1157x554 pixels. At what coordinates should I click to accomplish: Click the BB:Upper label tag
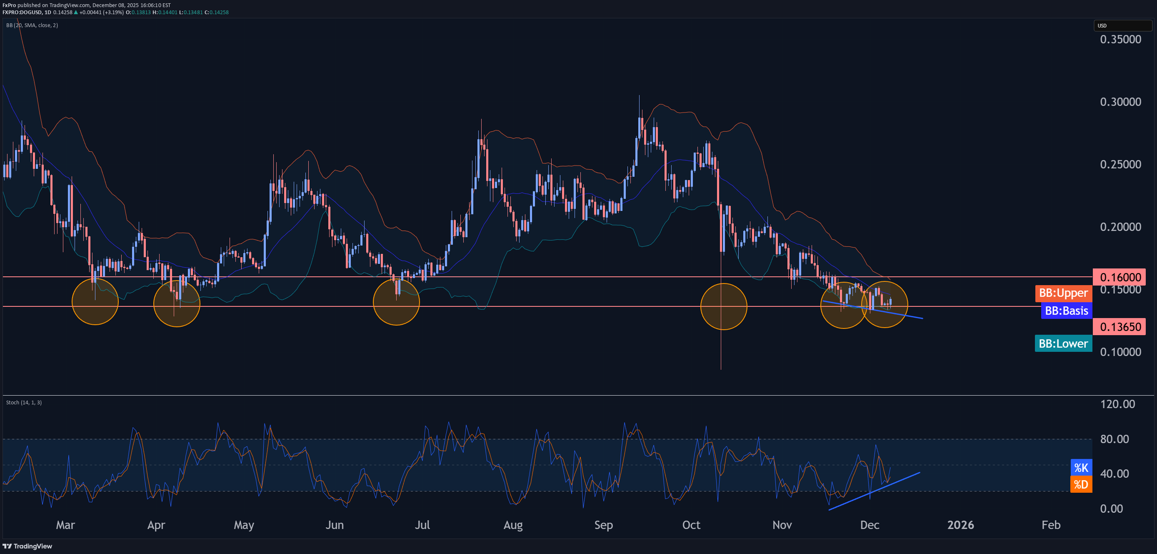(1063, 293)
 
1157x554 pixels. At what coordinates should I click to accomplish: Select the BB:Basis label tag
(1066, 311)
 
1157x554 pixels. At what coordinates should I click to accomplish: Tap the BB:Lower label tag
(1063, 344)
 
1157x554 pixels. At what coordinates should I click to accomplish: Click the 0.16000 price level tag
(1120, 277)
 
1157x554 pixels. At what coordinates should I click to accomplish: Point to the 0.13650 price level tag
(1120, 327)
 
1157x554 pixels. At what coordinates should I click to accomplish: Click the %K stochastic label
(1081, 468)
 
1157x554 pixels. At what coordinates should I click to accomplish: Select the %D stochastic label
(1081, 484)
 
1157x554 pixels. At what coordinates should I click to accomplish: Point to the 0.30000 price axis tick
(1120, 102)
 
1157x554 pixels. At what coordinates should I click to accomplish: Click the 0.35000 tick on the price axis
(1120, 40)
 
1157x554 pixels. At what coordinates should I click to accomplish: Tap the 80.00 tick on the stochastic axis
(1115, 439)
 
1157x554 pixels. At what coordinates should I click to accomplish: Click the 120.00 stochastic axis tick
(1117, 404)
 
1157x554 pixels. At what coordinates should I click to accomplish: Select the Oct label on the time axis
(691, 525)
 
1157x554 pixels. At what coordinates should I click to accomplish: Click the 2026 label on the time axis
(960, 525)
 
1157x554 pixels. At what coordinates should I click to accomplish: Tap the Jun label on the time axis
(335, 525)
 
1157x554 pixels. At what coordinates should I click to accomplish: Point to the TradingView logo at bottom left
(27, 546)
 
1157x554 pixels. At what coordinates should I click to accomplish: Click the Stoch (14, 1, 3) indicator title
(24, 403)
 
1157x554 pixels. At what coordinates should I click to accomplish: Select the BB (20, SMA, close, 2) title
(32, 25)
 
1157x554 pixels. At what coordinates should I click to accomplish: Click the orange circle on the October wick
(724, 306)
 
